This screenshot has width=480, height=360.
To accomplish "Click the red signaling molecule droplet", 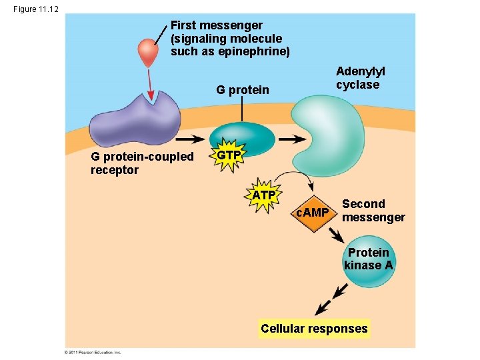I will [147, 52].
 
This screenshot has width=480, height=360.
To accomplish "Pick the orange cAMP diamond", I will [312, 213].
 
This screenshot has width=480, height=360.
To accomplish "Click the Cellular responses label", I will [314, 328].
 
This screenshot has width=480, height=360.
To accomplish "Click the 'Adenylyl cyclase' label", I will [361, 78].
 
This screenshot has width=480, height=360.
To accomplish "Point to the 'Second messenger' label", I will [373, 211].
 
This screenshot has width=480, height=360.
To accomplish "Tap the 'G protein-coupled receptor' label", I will [142, 163].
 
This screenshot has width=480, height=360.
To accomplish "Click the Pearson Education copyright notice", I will [92, 351].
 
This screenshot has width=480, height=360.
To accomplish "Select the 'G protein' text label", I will [243, 90].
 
